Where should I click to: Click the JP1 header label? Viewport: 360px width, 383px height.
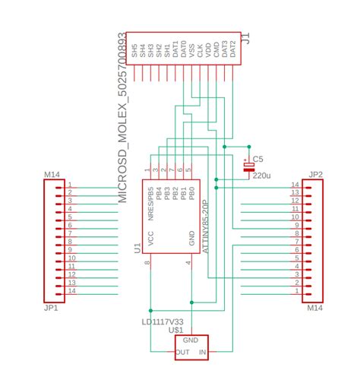[x=52, y=309]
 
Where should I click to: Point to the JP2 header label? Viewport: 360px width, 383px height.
[x=315, y=174]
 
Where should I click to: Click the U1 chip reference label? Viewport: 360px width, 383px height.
[x=137, y=248]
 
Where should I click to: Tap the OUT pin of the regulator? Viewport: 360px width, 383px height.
[x=182, y=353]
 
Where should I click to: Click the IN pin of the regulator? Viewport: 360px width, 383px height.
[x=203, y=353]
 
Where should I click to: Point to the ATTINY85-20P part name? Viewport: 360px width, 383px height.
[x=205, y=226]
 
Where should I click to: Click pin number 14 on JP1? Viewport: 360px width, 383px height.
[x=70, y=290]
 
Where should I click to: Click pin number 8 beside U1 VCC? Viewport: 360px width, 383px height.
[x=146, y=263]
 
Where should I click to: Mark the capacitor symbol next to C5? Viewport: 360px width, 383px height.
[x=248, y=166]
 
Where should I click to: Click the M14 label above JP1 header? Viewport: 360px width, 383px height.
[x=52, y=175]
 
